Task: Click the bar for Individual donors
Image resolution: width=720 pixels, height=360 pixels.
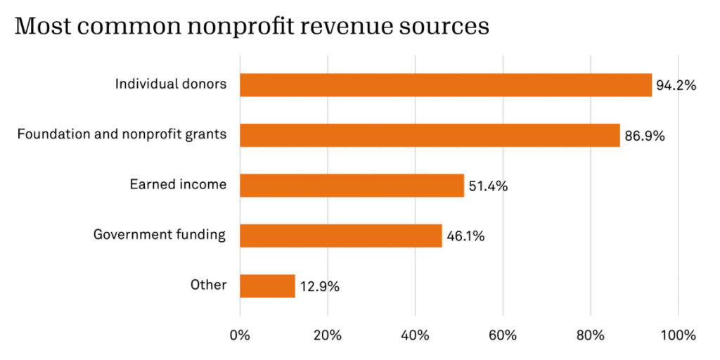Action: click(445, 84)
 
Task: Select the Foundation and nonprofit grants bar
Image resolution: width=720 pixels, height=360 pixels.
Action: click(430, 135)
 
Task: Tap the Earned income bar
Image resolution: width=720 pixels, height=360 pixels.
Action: click(352, 185)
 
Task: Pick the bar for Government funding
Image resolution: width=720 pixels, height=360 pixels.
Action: click(340, 236)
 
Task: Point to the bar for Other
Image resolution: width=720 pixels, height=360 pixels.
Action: click(267, 286)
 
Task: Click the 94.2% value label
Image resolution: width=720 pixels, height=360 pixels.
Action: click(676, 86)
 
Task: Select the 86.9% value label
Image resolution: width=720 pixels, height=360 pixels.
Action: click(644, 136)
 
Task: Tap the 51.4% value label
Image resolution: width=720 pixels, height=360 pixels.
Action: click(487, 186)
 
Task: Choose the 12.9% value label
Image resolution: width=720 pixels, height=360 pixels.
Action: click(319, 287)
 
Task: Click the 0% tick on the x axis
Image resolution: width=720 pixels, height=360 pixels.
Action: click(240, 335)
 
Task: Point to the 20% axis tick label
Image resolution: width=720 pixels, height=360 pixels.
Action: click(327, 335)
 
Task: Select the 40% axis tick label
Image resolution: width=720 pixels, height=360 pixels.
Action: click(415, 335)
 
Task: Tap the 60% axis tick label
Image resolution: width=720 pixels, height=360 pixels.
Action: click(502, 335)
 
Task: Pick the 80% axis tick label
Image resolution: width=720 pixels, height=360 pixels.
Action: click(590, 335)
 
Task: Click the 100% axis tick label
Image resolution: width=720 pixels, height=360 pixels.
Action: click(677, 335)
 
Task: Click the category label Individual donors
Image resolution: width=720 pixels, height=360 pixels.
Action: click(171, 84)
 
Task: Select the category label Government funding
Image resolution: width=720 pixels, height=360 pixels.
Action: click(160, 235)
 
